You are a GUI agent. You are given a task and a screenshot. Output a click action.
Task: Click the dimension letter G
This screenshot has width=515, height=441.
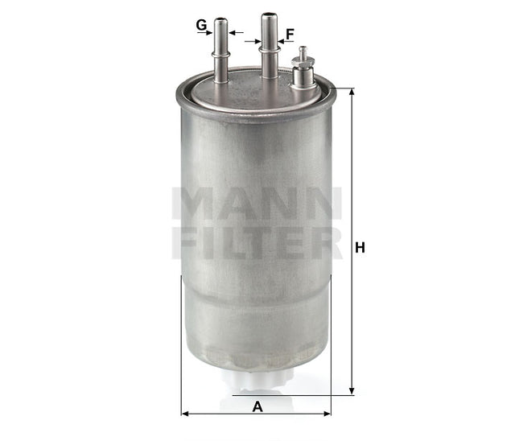[201, 24]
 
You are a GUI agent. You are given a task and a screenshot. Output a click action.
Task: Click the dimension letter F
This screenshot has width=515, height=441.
[290, 34]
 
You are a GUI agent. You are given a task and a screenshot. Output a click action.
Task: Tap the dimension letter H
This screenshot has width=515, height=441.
[361, 248]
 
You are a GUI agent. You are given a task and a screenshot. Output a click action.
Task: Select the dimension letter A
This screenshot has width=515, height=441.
[257, 407]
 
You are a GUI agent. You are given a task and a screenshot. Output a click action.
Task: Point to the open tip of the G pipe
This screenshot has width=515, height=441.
[220, 18]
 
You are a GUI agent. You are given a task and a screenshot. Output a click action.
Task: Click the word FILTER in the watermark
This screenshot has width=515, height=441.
[257, 242]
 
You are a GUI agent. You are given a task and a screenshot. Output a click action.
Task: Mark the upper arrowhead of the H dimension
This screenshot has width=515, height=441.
[351, 92]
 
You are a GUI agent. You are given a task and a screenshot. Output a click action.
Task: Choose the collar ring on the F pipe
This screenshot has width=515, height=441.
[268, 49]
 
